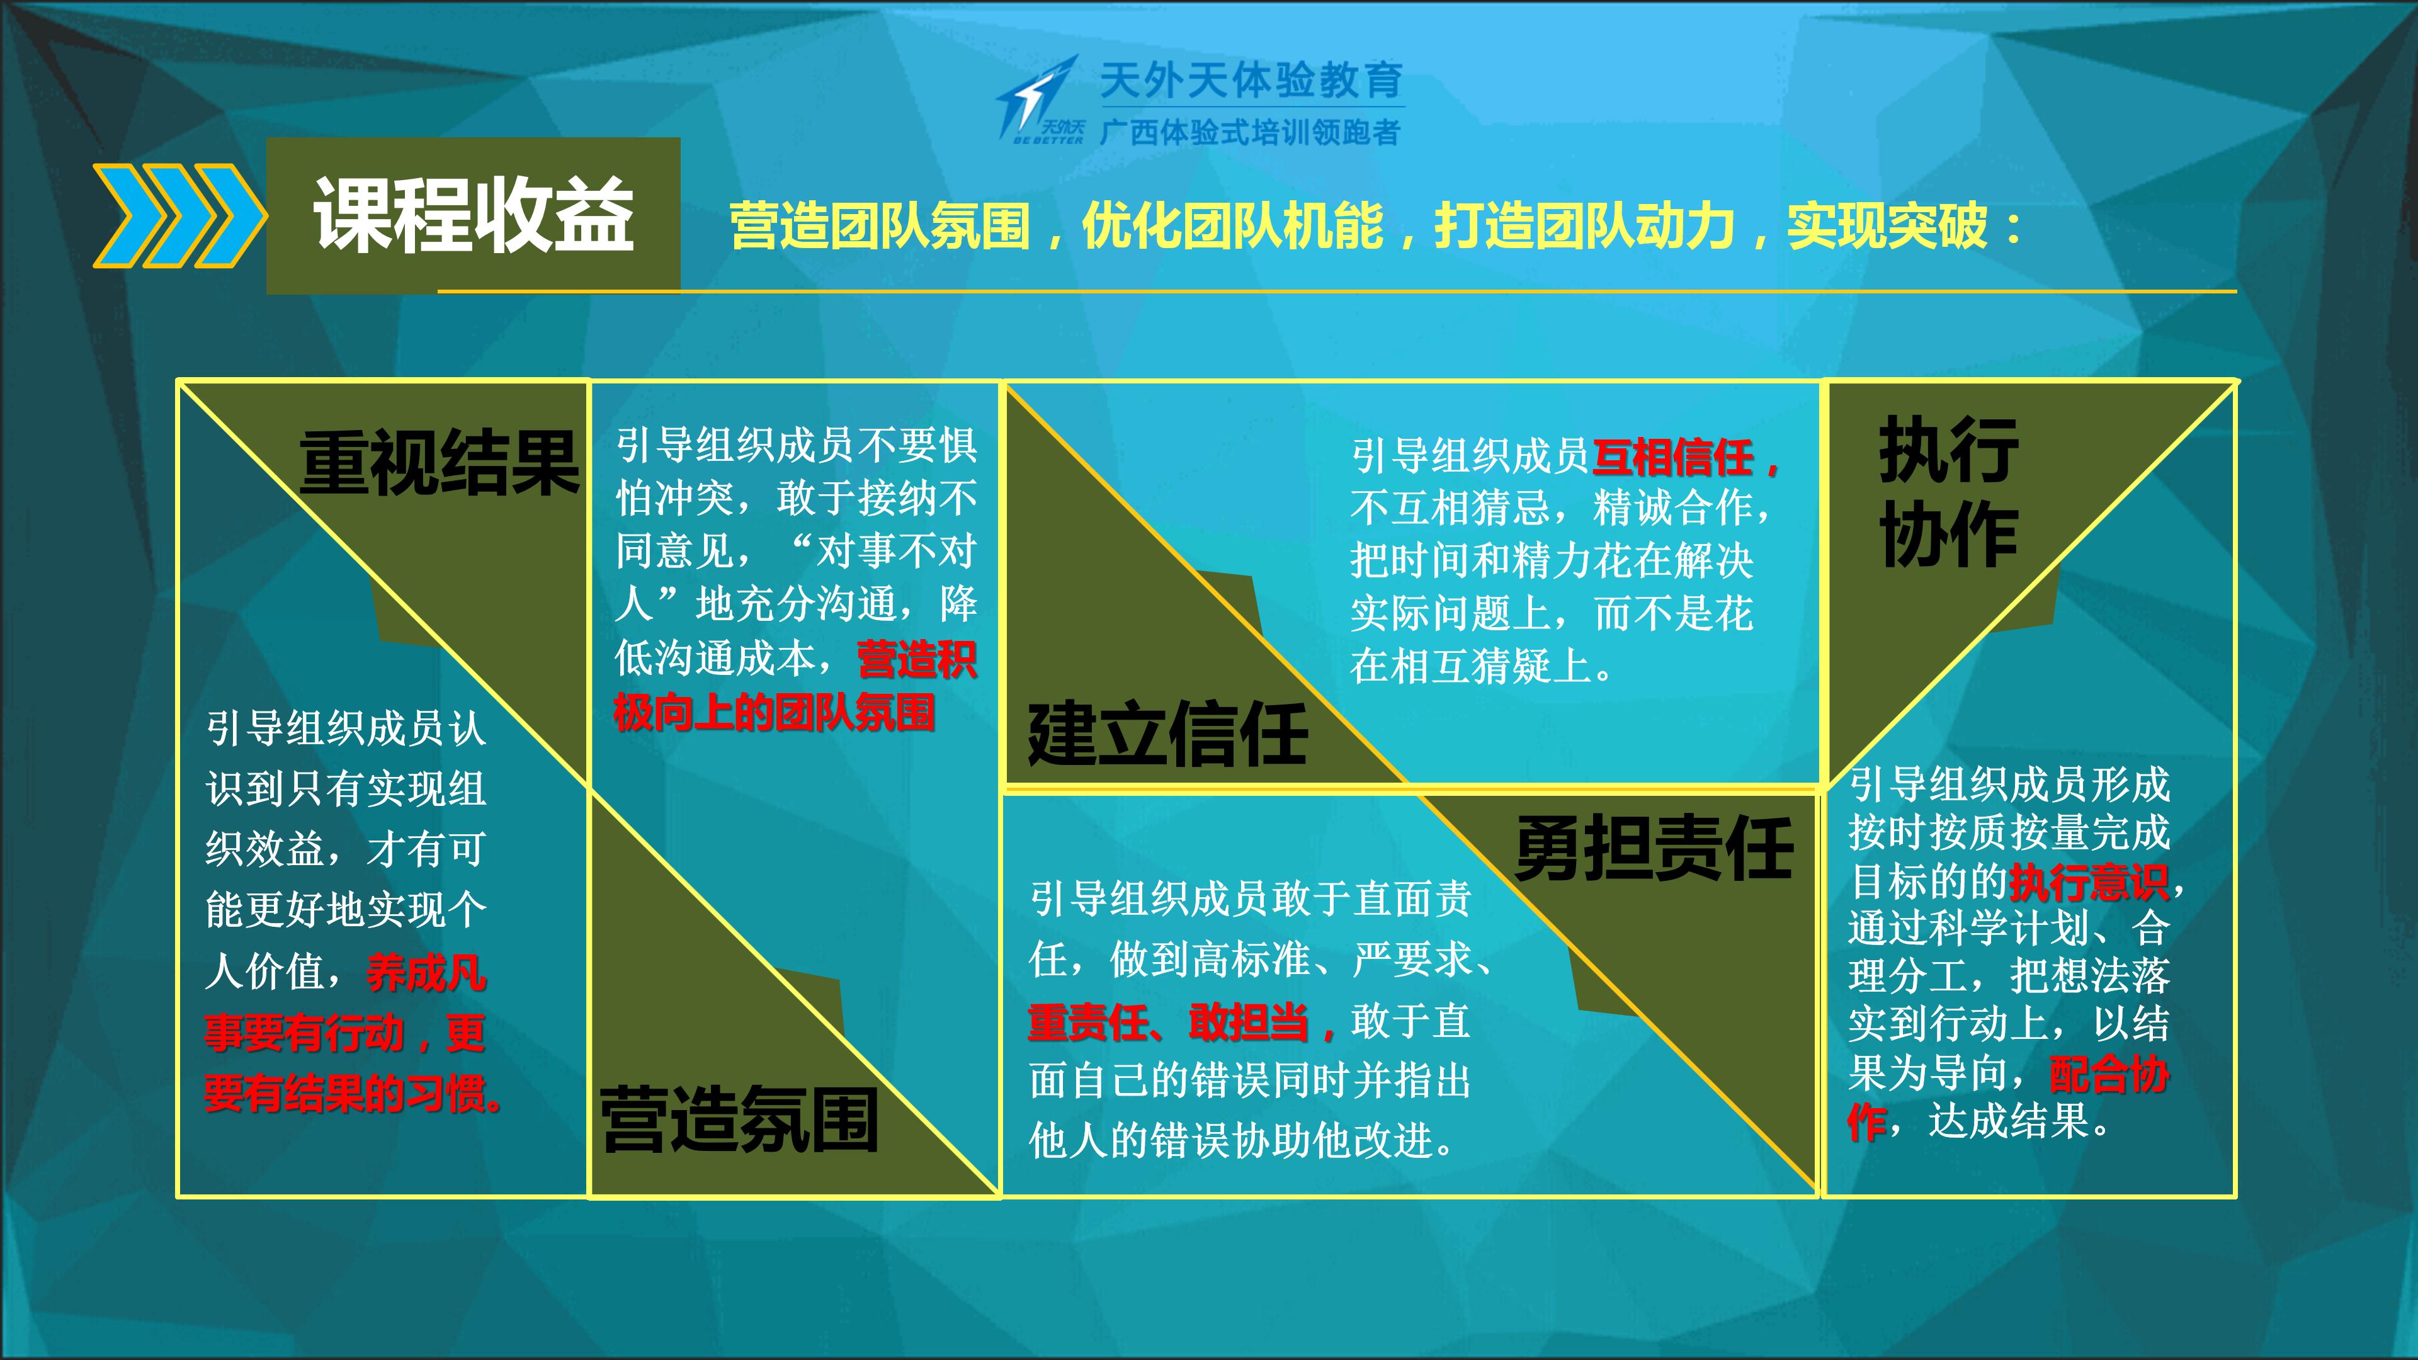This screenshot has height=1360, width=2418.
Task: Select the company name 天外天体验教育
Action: pos(1251,81)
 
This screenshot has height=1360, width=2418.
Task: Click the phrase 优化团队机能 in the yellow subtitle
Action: pos(1232,227)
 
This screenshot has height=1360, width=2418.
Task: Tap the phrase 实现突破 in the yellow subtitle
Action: pos(1888,227)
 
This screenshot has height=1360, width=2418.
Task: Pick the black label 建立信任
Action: pos(1167,734)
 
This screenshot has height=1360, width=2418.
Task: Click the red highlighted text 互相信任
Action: pos(1672,458)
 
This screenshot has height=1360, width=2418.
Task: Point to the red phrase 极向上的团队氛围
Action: pos(775,712)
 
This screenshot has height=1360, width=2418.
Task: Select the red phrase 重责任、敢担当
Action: pos(1169,1022)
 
